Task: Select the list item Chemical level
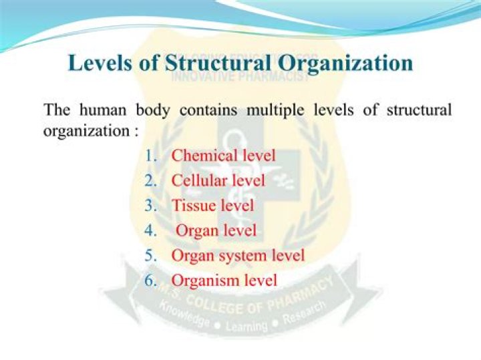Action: point(223,156)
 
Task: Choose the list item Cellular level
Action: point(218,180)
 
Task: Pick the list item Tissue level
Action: point(212,205)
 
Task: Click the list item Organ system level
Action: point(238,255)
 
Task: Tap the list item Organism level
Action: point(224,280)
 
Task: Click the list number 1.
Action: point(150,156)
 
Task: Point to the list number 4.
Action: point(150,230)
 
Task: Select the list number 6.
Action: point(150,280)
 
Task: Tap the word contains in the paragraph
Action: point(208,110)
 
